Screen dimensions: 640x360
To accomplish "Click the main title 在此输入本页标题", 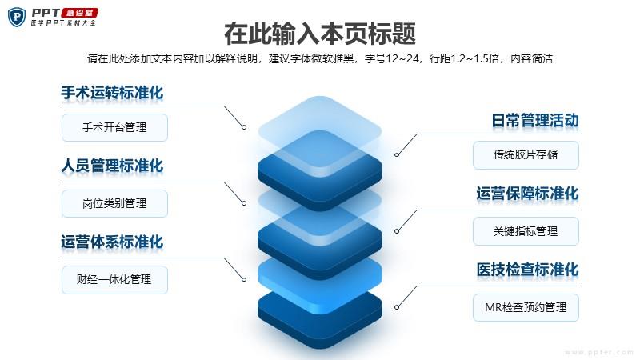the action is click(320, 34).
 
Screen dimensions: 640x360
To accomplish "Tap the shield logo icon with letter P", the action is click(17, 17).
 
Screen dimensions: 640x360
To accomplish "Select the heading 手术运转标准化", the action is click(112, 93).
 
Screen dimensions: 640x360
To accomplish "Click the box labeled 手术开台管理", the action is click(114, 128).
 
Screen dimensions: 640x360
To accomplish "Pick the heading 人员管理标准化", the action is click(112, 166).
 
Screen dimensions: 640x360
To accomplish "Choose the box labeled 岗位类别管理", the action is click(114, 203).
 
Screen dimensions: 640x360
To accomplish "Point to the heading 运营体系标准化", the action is click(112, 242).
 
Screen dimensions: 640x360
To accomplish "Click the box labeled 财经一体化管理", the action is click(114, 279).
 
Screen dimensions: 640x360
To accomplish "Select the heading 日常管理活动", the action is click(535, 121).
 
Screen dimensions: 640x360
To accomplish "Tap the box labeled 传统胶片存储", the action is click(526, 154).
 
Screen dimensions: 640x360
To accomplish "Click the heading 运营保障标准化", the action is click(528, 194).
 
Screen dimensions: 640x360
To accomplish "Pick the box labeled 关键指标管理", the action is click(526, 231).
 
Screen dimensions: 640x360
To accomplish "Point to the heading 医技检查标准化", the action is click(528, 270).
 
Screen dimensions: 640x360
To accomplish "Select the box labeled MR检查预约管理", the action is click(526, 307).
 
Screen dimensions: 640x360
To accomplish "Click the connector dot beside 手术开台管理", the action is click(244, 127).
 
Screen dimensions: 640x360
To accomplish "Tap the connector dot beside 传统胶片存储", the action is click(397, 154).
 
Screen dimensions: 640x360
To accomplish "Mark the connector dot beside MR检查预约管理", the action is click(397, 307).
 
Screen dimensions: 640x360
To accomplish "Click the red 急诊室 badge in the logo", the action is click(79, 13).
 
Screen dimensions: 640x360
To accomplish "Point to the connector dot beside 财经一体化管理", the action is click(244, 279).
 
